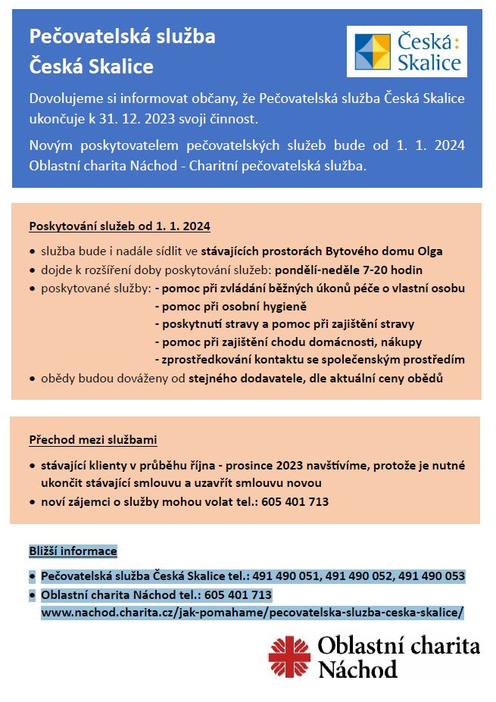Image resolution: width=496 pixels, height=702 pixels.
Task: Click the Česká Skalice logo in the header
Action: [407, 51]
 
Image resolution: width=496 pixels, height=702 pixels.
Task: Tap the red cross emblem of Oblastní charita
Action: [289, 656]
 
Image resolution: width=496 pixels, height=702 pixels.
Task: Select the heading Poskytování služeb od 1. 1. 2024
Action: [120, 226]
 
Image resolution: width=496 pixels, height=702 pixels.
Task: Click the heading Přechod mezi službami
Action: [93, 439]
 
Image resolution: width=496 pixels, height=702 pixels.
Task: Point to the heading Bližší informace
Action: [73, 551]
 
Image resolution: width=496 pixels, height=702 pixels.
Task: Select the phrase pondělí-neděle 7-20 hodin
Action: [348, 270]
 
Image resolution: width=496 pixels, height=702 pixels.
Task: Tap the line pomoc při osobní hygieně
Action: [230, 306]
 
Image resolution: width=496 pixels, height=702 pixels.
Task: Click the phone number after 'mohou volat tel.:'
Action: [295, 501]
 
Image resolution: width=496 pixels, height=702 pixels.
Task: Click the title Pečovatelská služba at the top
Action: [122, 36]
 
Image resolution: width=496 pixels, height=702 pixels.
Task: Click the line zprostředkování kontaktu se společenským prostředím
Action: [309, 359]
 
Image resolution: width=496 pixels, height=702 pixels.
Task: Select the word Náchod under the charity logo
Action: [357, 669]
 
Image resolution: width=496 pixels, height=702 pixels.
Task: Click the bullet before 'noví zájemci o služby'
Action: [32, 501]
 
